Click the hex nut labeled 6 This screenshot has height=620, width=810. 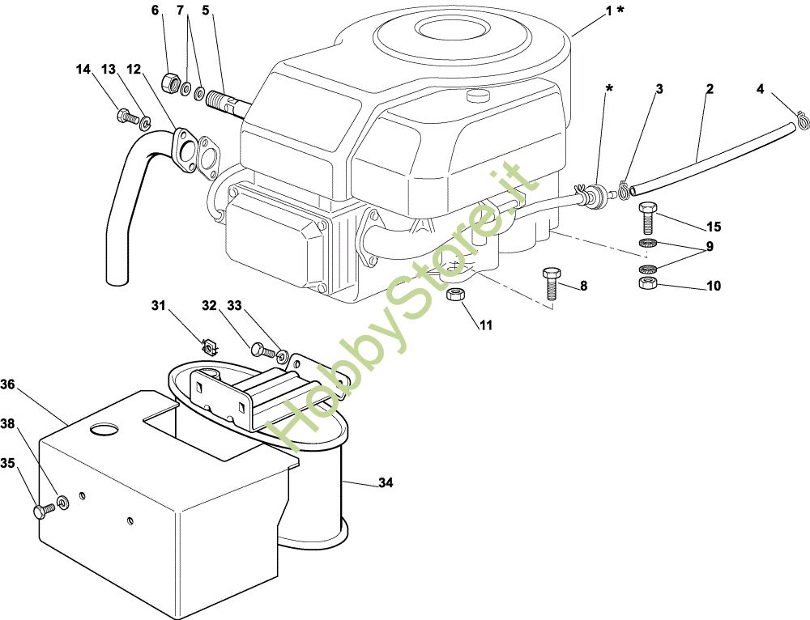tap(170, 82)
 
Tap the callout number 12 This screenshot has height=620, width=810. tap(134, 69)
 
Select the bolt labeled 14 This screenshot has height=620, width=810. tap(128, 117)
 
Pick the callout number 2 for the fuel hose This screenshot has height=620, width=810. tap(710, 89)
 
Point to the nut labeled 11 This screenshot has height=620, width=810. tap(455, 295)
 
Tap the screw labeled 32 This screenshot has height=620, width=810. tap(263, 350)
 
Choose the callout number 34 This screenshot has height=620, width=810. tap(386, 482)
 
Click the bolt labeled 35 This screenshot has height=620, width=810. tap(44, 511)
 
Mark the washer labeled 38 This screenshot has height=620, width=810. tap(63, 501)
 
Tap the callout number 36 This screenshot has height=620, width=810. tap(8, 384)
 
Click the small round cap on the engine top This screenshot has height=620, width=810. tap(478, 95)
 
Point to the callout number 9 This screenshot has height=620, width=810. tap(710, 247)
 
